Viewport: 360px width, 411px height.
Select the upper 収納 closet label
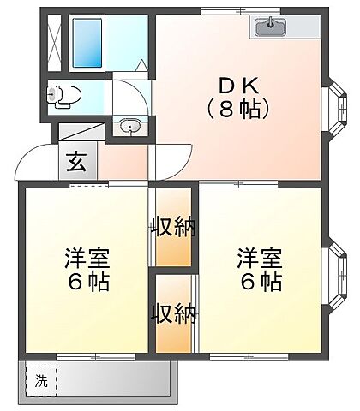pyautogui.click(x=173, y=227)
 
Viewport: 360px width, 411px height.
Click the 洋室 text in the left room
pyautogui.click(x=86, y=258)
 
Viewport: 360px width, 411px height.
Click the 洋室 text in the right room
pyautogui.click(x=260, y=258)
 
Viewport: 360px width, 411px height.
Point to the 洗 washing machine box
pyautogui.click(x=41, y=383)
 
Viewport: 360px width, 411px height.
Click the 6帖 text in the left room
pyautogui.click(x=86, y=282)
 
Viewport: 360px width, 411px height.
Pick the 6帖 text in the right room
pyautogui.click(x=260, y=282)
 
